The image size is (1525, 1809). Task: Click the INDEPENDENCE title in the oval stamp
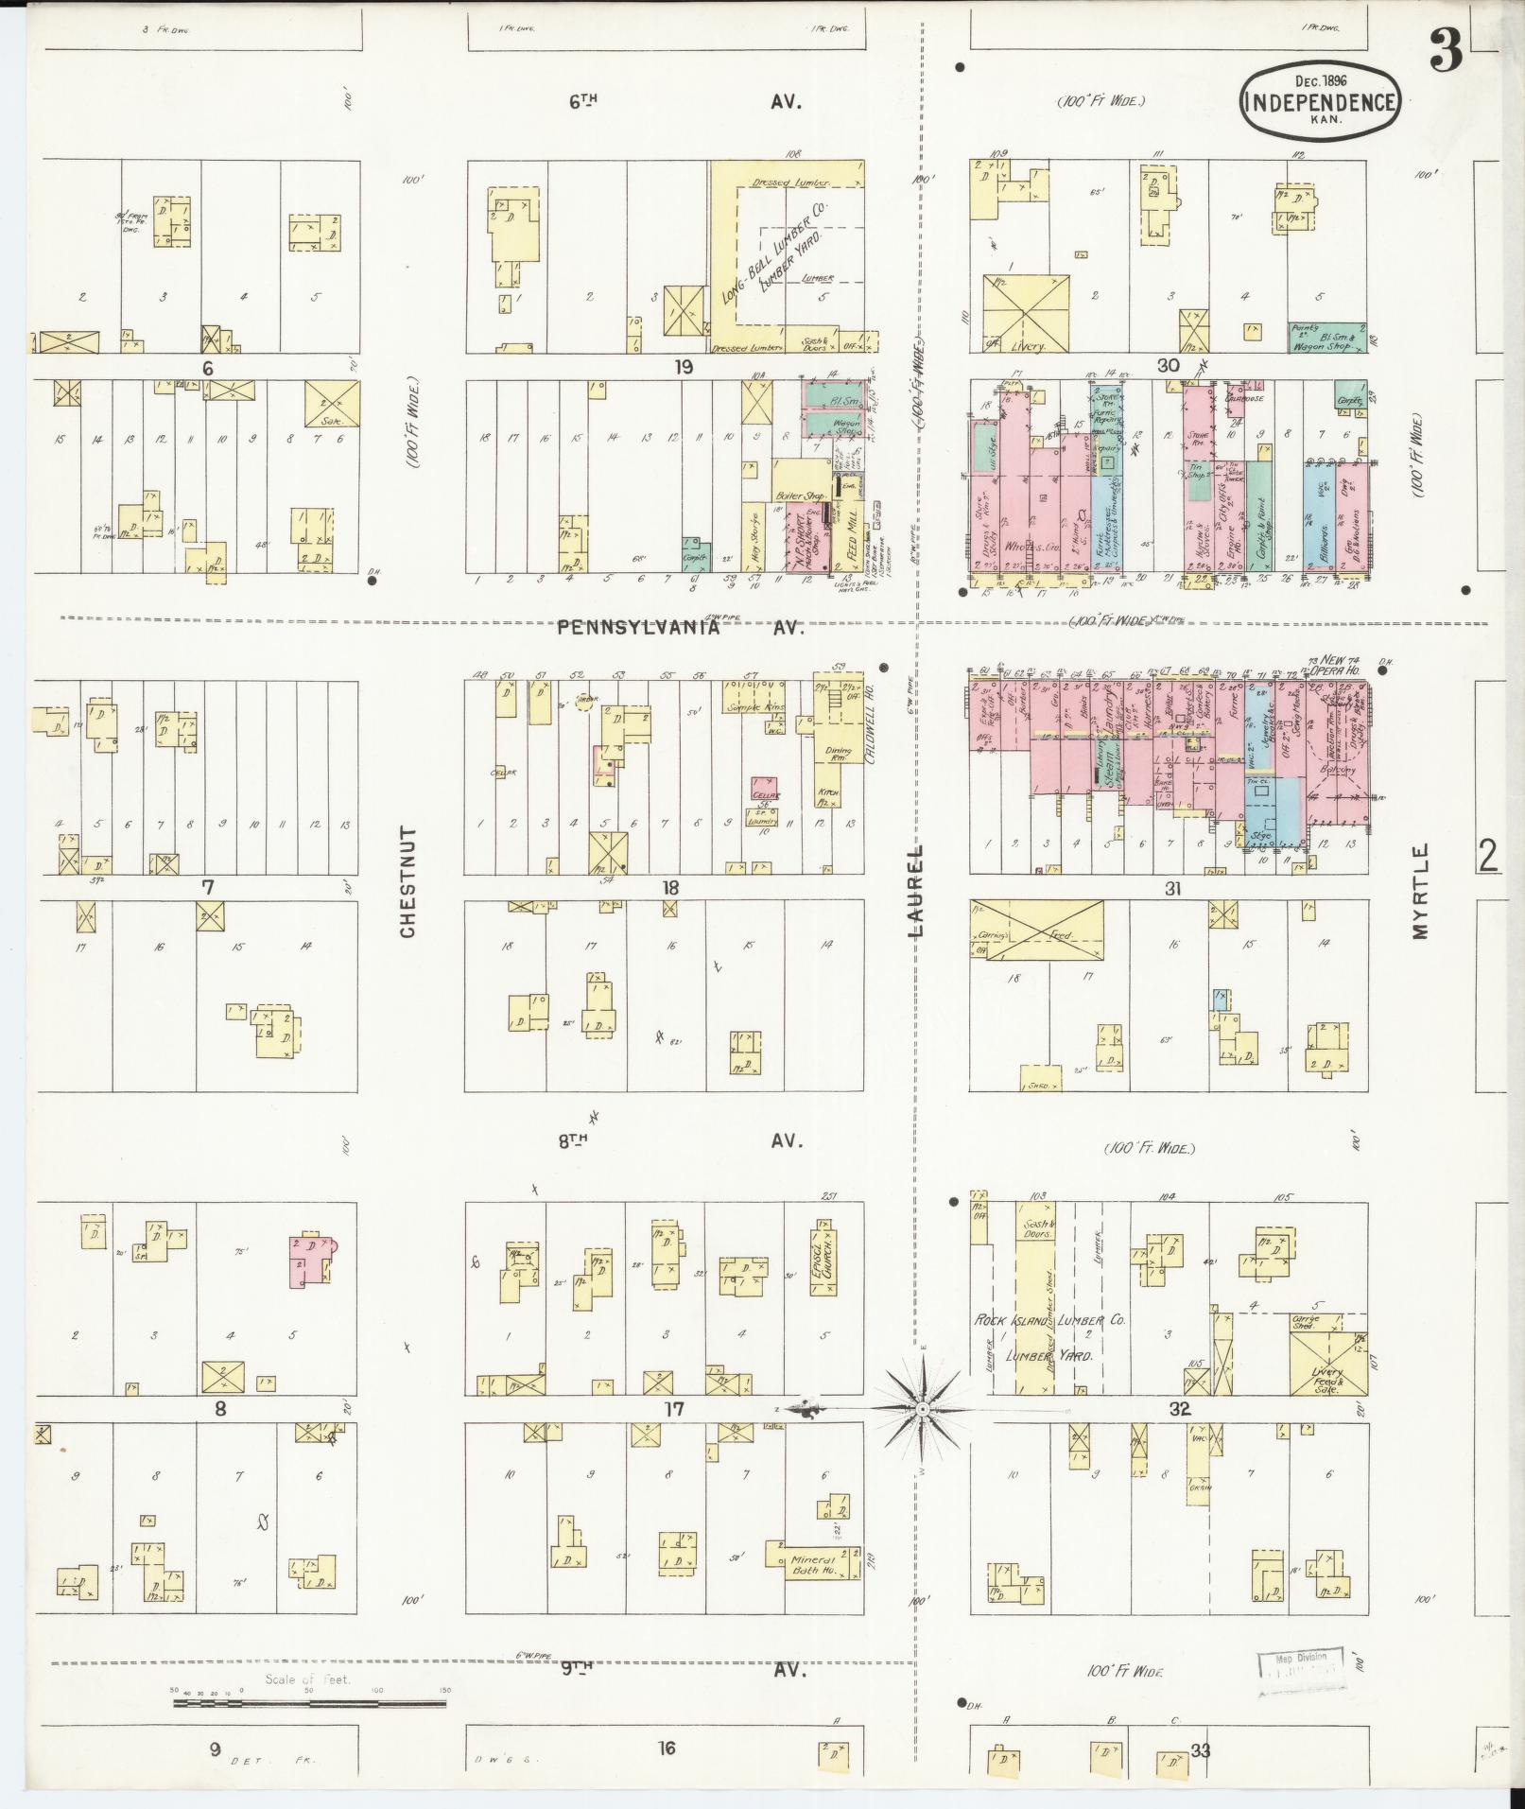(x=1321, y=102)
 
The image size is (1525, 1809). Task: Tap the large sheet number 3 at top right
(x=1446, y=51)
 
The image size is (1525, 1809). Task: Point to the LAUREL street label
(x=916, y=890)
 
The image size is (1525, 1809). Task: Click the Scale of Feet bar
(x=309, y=1042)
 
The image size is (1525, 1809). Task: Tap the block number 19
(x=683, y=367)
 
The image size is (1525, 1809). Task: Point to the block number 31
(x=1172, y=888)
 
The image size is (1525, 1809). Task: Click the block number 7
(x=208, y=887)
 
